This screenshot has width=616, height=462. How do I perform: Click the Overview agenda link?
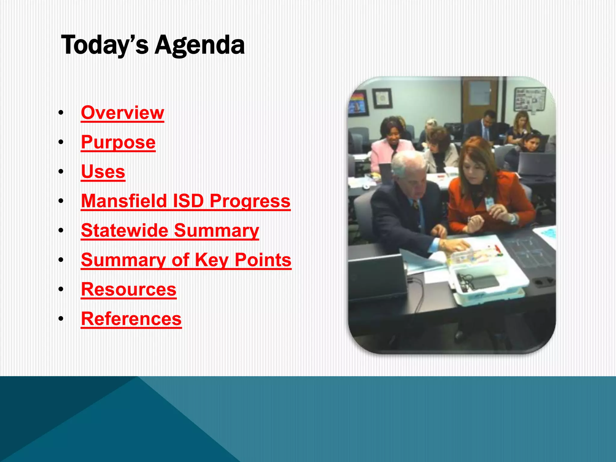tap(122, 113)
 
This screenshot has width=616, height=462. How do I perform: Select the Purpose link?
tap(118, 142)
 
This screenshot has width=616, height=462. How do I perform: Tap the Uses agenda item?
tap(103, 171)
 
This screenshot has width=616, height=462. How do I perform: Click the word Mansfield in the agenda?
tap(124, 201)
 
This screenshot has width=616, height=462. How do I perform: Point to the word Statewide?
tap(125, 230)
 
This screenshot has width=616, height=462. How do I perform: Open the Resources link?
tap(129, 289)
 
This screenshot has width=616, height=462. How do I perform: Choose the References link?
tap(131, 319)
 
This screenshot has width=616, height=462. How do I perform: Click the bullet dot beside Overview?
tap(61, 113)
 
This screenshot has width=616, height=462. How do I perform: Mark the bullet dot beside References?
tap(61, 319)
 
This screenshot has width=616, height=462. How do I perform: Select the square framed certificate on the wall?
tap(382, 98)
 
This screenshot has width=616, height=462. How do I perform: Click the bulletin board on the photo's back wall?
tap(530, 99)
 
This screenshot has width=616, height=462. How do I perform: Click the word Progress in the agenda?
tap(250, 201)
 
